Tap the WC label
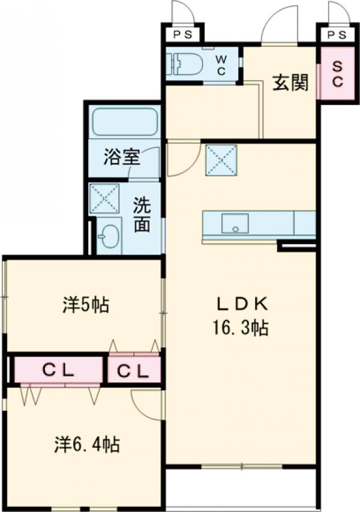(x=221, y=65)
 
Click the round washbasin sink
(x=109, y=236)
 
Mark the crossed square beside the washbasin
(x=104, y=198)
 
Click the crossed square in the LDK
(x=221, y=160)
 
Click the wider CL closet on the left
(x=58, y=371)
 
